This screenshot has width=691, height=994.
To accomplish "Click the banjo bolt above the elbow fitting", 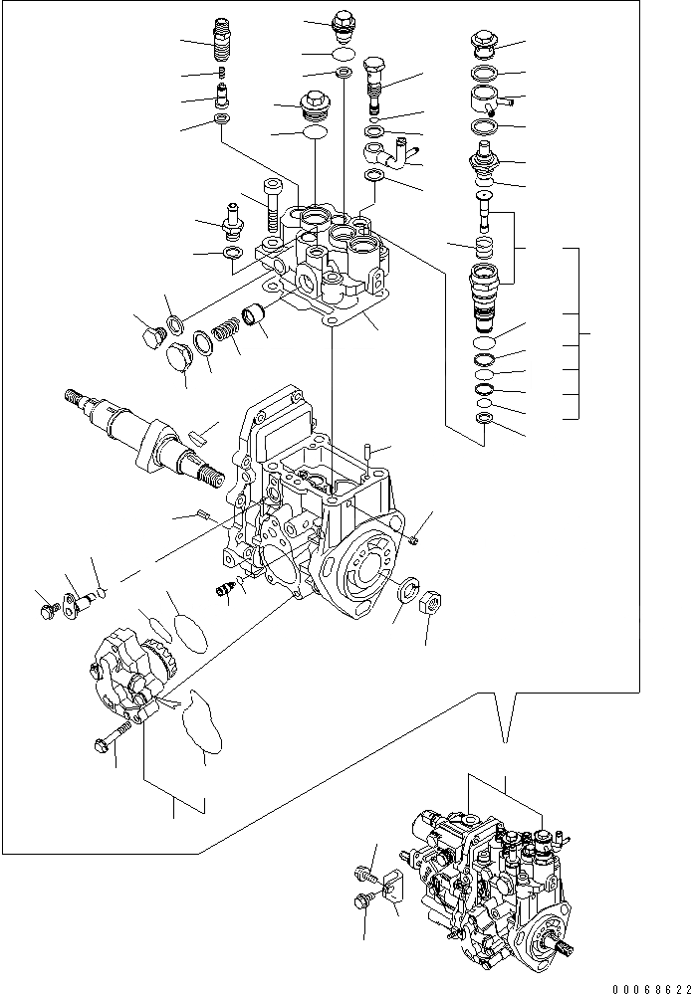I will coord(374,82).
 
